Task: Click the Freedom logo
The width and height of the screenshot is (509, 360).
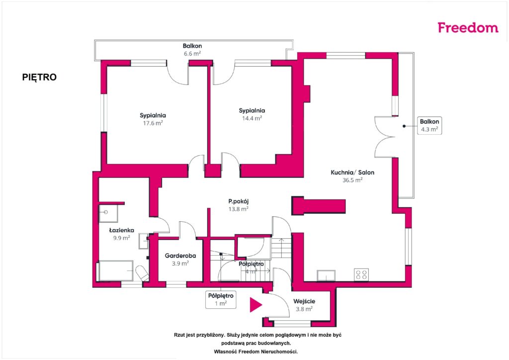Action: (x=468, y=27)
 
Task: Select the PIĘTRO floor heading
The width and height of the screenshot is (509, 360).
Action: (x=39, y=77)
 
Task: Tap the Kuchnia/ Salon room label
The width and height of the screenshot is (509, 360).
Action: (x=352, y=173)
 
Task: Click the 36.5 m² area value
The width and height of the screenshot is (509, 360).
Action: (x=352, y=180)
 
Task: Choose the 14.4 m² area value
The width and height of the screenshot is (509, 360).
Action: (x=252, y=118)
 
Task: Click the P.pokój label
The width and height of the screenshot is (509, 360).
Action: (x=238, y=201)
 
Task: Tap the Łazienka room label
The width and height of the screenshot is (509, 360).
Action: (x=121, y=230)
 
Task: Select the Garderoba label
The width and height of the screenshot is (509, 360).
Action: (x=180, y=256)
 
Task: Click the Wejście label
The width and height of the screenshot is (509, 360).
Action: (x=304, y=301)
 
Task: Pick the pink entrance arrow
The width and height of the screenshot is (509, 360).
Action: (x=256, y=304)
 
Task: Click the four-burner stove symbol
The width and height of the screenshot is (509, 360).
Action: (x=361, y=274)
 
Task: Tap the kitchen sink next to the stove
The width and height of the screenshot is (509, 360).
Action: (x=326, y=275)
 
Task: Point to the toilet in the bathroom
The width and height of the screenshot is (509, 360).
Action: (x=142, y=273)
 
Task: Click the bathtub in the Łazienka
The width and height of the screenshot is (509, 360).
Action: (x=116, y=270)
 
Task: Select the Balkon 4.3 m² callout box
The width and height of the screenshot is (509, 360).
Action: (x=429, y=125)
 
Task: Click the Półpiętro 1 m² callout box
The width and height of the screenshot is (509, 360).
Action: (x=221, y=300)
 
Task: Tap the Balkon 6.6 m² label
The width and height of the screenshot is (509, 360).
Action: (x=192, y=50)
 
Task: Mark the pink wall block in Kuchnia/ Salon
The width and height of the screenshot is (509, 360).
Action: (x=319, y=206)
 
